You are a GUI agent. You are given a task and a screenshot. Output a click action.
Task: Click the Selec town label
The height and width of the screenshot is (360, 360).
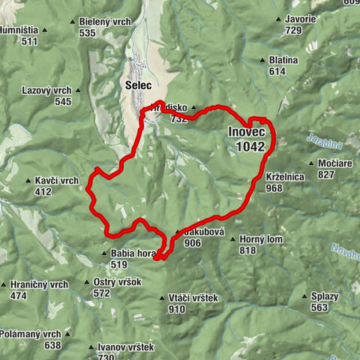(139, 86)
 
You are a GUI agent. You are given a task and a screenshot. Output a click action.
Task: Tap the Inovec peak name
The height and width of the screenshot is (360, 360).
(247, 133)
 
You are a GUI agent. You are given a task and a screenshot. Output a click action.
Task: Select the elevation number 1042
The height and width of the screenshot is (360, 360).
(249, 147)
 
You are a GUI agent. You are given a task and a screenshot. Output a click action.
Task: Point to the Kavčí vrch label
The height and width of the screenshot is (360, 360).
(57, 181)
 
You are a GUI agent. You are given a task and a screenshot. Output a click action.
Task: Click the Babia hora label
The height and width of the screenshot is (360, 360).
(132, 253)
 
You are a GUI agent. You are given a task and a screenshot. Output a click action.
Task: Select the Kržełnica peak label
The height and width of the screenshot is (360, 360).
(285, 177)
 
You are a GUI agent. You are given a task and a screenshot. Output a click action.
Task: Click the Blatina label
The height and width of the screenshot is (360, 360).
(283, 60)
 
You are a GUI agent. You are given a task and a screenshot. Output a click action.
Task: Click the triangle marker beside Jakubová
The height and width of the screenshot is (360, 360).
(177, 232)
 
